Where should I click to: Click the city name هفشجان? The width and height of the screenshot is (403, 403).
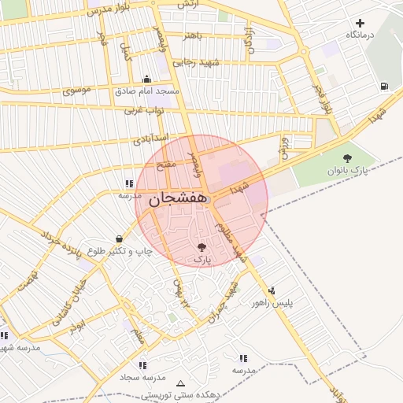point(178,198)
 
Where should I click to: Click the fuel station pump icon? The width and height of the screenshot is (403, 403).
point(383,86)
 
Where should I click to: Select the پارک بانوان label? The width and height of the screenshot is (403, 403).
point(347,170)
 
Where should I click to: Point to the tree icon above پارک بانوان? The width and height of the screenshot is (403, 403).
point(347,158)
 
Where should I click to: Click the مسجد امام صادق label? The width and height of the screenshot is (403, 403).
point(147,91)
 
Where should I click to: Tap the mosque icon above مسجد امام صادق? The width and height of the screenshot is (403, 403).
point(147,79)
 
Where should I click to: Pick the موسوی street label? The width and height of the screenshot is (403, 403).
point(76,90)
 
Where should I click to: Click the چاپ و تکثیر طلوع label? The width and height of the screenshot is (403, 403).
point(119,251)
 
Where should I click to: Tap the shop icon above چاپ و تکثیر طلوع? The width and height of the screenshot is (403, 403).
point(119,238)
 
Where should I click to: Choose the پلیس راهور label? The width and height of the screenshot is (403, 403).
point(272,302)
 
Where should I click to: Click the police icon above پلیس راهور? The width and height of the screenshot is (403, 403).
point(272,290)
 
